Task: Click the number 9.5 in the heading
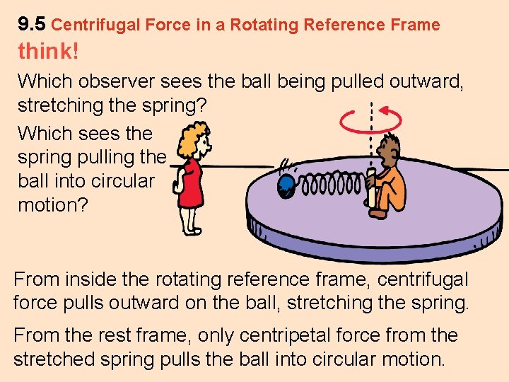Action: point(32,25)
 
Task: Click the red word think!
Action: point(48,52)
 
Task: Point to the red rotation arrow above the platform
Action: point(371,120)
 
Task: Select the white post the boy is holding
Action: point(372,188)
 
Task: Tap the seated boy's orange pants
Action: point(393,194)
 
